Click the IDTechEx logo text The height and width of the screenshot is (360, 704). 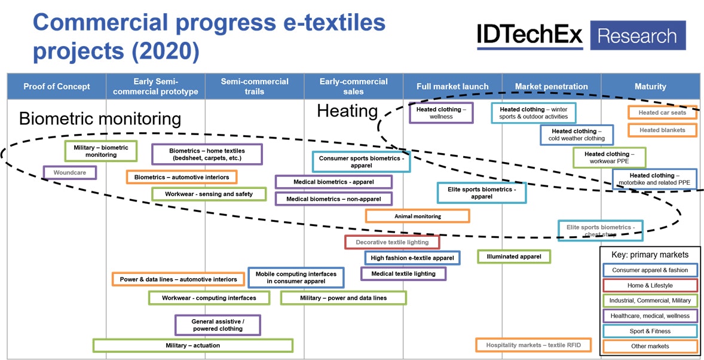pos(529,36)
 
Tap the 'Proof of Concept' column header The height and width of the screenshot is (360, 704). pos(57,87)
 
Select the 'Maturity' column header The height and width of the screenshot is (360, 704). pos(650,87)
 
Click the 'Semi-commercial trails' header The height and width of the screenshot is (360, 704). pos(255,87)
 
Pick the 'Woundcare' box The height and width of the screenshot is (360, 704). pos(70,173)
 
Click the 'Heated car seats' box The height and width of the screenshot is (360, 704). pos(662,112)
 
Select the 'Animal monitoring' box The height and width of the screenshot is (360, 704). pos(418,216)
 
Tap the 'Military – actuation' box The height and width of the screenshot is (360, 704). pos(192,346)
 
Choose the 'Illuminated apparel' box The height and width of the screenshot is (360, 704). pos(514,257)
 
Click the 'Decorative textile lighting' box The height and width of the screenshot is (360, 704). pos(392,242)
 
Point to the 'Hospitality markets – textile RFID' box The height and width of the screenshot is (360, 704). pos(533,345)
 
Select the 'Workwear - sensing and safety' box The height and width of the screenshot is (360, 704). pos(209,194)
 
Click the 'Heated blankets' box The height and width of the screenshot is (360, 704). pos(662,130)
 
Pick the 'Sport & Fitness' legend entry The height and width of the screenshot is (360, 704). pos(650,331)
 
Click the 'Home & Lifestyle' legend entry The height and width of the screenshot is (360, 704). pos(650,286)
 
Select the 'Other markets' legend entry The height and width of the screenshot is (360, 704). pos(650,346)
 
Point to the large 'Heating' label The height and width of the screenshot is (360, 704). pos(347,111)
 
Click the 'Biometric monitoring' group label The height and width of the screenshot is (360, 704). pos(100,118)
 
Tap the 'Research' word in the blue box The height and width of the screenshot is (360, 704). pos(637,36)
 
